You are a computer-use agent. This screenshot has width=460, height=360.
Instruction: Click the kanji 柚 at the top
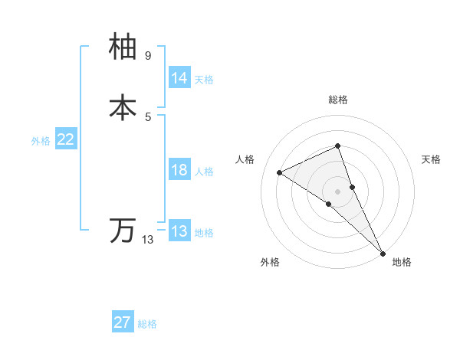coord(123,47)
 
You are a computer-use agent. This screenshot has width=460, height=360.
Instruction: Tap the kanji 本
coord(123,108)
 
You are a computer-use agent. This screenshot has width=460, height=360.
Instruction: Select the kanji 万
coord(123,230)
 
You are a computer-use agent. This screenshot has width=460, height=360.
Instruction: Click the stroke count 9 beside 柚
coord(148,56)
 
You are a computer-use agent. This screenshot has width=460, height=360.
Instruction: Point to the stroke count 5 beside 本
coord(148,116)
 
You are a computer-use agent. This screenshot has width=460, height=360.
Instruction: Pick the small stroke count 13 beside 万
coord(148,240)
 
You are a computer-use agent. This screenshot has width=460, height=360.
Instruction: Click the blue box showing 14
coord(179,78)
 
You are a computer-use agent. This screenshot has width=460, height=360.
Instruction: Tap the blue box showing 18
coord(179,170)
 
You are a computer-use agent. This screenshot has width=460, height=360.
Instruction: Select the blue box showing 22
coord(66,139)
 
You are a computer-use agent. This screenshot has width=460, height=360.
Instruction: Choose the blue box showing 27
coord(123,322)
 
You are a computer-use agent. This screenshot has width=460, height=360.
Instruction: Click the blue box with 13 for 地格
coord(179,231)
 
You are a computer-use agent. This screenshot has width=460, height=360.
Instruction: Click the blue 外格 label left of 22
coord(41,141)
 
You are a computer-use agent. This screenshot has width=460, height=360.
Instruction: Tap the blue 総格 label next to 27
coord(147,324)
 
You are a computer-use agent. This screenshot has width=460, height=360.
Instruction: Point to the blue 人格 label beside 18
coord(204,172)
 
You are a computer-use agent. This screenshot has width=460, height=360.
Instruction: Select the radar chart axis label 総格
coord(337,100)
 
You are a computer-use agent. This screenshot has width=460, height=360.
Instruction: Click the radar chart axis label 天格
coord(431,159)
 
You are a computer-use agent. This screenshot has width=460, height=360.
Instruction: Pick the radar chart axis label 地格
coord(402,262)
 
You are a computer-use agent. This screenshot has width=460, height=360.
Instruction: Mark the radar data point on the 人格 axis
coord(280,172)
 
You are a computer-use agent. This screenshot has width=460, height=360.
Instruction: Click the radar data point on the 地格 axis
coord(383,252)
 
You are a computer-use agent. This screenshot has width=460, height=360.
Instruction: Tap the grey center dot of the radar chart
coord(337,191)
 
